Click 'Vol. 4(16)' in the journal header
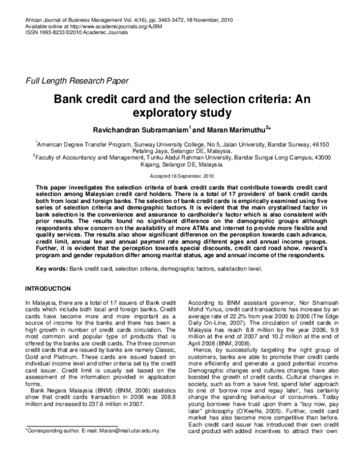click(x=134, y=20)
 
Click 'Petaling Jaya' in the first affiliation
click(x=149, y=152)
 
